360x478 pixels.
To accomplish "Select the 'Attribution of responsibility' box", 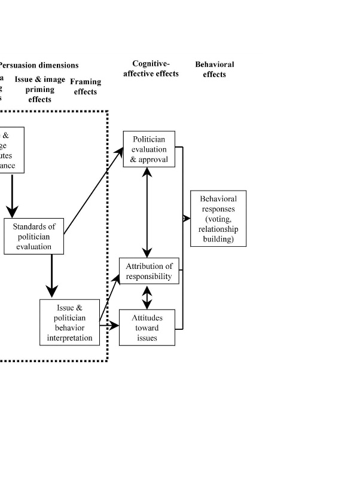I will (149, 271).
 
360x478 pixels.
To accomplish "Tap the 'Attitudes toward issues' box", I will (147, 327).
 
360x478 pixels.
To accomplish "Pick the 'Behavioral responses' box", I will (218, 219).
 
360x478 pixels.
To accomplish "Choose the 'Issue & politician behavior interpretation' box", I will (69, 323).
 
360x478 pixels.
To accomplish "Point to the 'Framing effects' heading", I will (86, 87).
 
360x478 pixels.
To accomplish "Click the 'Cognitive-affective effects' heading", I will (155, 69).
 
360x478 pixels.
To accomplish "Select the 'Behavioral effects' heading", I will (215, 69).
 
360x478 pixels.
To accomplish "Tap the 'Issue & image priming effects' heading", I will (40, 90).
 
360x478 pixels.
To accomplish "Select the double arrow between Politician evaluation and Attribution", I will (147, 213).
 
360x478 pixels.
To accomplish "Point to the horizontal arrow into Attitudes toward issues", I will (109, 326).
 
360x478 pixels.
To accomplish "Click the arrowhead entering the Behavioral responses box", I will (187, 219).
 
